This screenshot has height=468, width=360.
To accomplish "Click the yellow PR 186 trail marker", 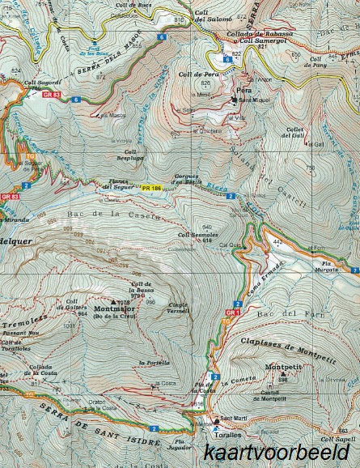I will coord(151,188).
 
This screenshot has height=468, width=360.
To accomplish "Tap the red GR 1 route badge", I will coord(234,313).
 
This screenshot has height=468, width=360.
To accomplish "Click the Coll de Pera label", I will coord(208,74).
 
